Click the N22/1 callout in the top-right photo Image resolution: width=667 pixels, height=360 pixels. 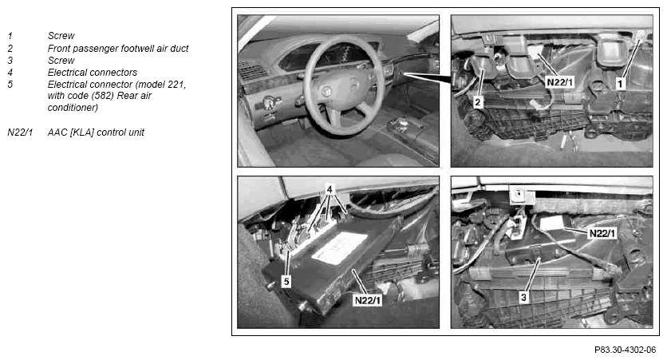(560, 81)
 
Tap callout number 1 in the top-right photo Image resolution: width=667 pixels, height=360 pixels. (620, 84)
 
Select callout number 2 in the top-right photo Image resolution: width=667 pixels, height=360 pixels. (478, 102)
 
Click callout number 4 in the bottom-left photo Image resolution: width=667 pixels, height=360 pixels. (330, 188)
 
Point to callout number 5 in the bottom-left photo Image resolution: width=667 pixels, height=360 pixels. (286, 281)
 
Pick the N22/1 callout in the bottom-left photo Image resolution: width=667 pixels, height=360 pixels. (369, 300)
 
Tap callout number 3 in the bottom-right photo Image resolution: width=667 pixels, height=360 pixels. (523, 297)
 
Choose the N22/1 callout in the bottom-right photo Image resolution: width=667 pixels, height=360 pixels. (602, 233)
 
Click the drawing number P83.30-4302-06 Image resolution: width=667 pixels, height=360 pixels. (625, 350)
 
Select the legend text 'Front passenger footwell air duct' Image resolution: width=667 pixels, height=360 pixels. (118, 49)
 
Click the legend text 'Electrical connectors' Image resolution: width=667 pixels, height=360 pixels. (93, 73)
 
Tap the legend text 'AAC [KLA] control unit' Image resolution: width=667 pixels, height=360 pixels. (96, 133)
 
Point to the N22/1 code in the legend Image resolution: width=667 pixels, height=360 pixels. (20, 133)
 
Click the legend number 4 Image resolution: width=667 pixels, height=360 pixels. (10, 73)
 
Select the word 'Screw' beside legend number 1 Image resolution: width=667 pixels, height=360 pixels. (61, 36)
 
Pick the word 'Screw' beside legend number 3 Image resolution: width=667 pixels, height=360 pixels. (61, 61)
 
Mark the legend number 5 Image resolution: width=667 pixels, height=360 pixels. (10, 85)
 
